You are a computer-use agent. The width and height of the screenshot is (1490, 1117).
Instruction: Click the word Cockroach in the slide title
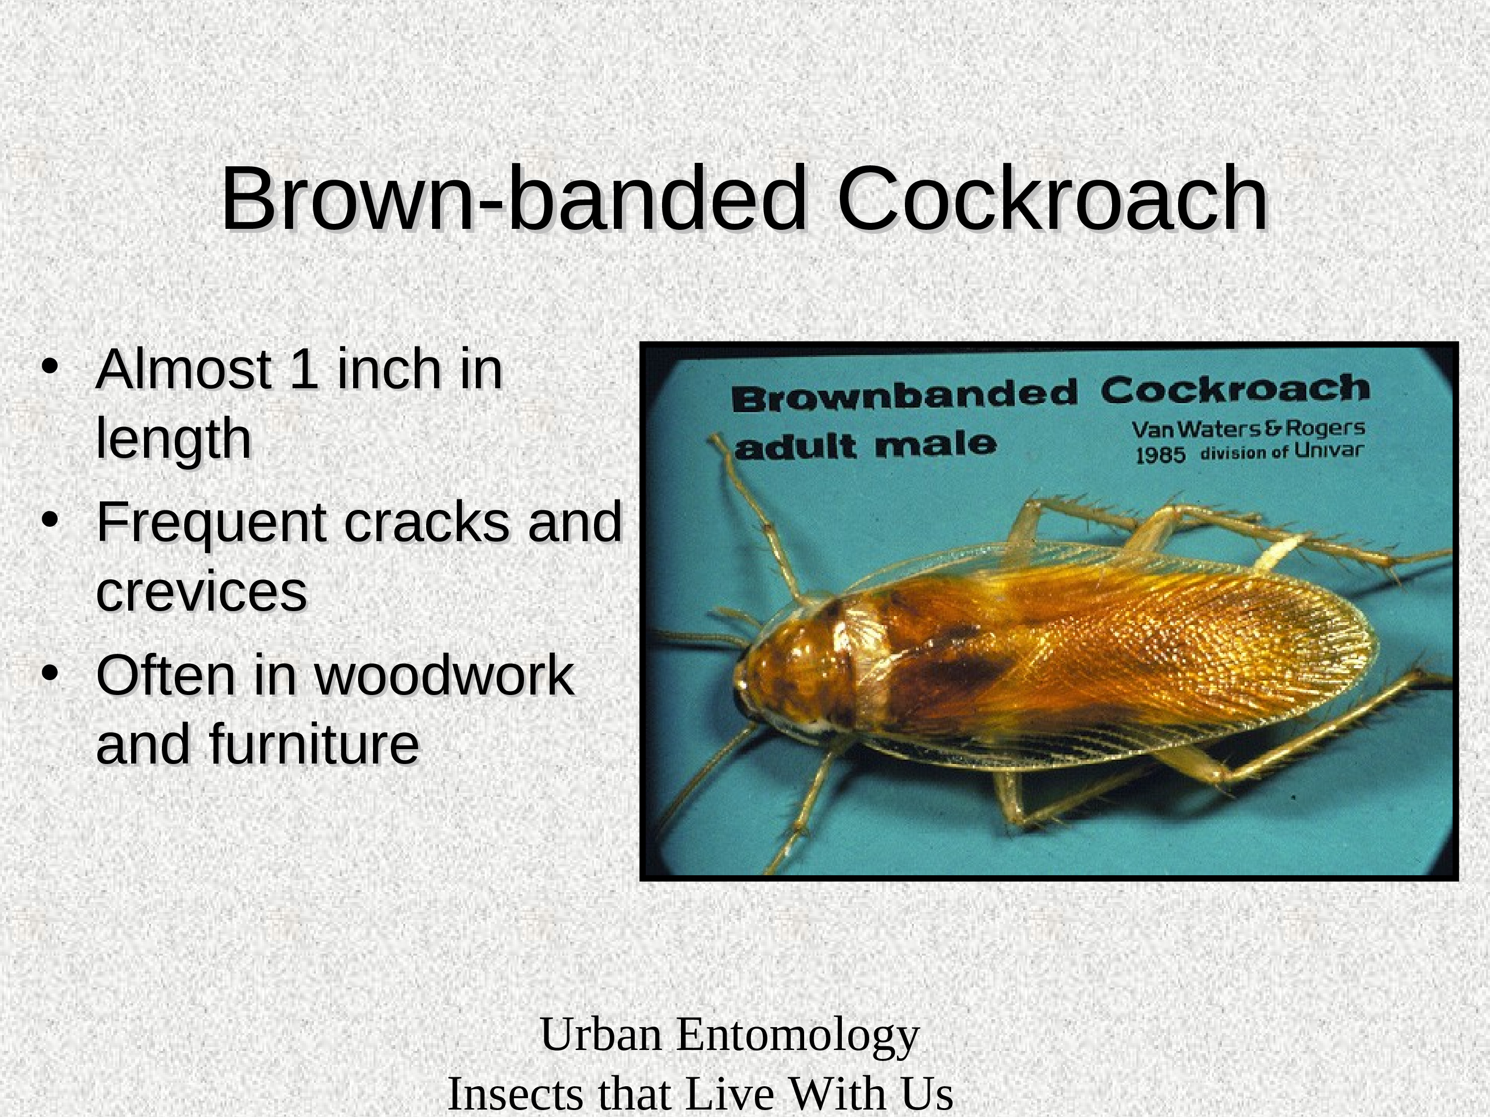pyautogui.click(x=1053, y=199)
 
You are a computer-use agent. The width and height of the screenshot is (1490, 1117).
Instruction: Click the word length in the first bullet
pyautogui.click(x=174, y=439)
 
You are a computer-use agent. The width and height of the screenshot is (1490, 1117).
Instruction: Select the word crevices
pyautogui.click(x=202, y=592)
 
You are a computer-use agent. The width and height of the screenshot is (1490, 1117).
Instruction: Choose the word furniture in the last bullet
pyautogui.click(x=314, y=744)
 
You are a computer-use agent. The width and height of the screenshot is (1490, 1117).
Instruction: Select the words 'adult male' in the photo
pyautogui.click(x=865, y=446)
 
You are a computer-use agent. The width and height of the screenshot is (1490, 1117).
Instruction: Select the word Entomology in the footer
pyautogui.click(x=798, y=1035)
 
